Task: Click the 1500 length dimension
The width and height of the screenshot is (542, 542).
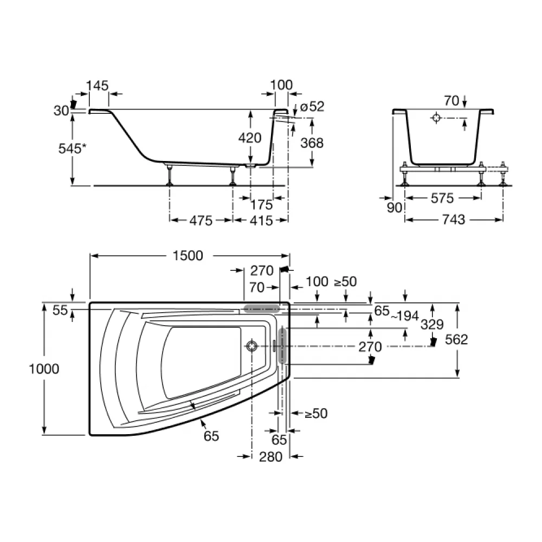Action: (x=188, y=256)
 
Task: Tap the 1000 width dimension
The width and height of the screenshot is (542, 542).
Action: (x=44, y=369)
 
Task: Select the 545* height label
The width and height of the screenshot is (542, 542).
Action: (x=72, y=149)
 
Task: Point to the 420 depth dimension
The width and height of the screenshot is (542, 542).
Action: (x=249, y=138)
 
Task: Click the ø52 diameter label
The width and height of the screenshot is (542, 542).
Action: (x=313, y=106)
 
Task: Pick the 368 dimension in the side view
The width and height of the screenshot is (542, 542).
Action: (x=312, y=143)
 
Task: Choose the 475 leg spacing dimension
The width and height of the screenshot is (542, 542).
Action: (x=201, y=221)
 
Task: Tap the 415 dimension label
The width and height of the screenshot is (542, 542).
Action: (x=261, y=221)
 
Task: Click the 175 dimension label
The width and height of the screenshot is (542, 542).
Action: (x=261, y=205)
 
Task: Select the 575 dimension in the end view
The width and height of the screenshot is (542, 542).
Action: (x=442, y=198)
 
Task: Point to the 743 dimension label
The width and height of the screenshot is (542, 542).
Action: (x=454, y=220)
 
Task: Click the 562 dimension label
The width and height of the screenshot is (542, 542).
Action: (x=456, y=340)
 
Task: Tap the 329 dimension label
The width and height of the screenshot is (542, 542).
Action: (x=432, y=325)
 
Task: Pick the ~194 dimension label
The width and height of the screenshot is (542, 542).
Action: (x=405, y=315)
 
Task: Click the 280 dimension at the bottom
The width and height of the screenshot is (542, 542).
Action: (x=270, y=457)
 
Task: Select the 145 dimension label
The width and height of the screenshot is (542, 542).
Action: (x=97, y=86)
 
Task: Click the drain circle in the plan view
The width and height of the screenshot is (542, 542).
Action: (x=251, y=346)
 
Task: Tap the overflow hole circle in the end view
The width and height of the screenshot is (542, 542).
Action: (x=436, y=118)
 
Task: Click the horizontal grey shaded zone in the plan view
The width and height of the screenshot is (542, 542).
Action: (x=262, y=309)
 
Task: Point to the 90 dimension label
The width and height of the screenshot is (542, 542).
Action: (x=395, y=208)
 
